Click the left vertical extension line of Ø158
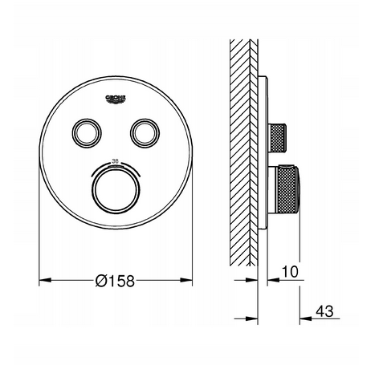click(39, 241)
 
